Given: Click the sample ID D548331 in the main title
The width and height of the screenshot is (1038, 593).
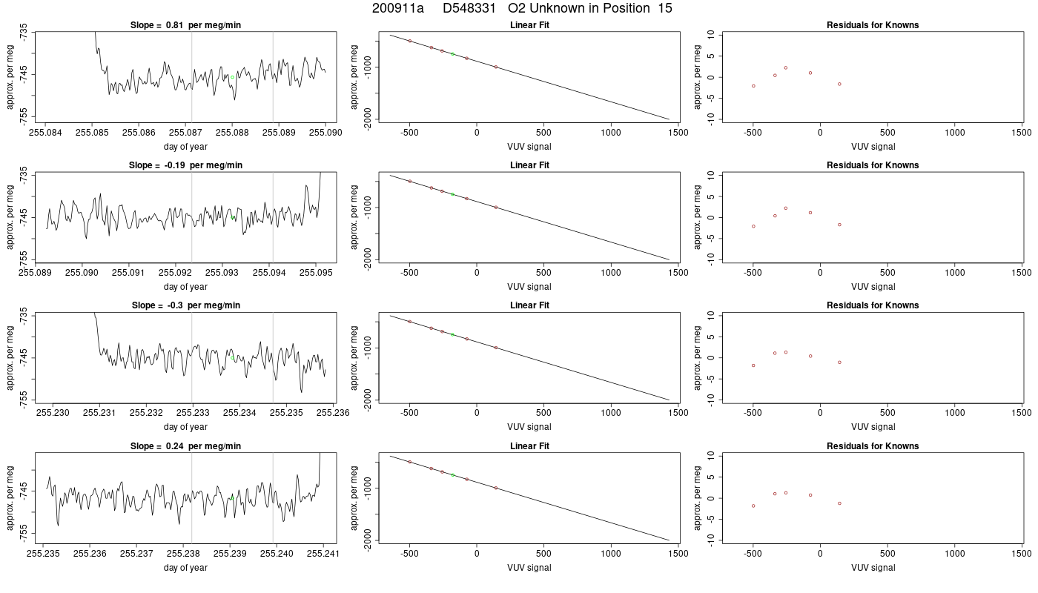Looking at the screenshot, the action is pos(469,8).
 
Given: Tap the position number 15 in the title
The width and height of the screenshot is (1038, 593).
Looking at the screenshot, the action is pos(665,8).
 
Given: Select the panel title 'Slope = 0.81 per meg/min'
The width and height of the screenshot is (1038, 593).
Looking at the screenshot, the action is pos(185,25).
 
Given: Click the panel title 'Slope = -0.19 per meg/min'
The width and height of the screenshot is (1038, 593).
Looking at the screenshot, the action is pos(185,165).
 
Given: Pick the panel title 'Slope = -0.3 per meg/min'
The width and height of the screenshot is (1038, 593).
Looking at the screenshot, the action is pos(186,305).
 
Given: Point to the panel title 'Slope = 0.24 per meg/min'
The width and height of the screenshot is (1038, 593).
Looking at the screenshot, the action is pos(185,446).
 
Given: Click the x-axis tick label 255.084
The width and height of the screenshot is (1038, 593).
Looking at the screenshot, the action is pos(45,133).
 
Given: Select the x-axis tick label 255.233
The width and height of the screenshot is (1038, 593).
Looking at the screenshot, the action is pos(193,413).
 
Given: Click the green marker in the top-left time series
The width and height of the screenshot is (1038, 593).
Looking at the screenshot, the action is pos(232,77).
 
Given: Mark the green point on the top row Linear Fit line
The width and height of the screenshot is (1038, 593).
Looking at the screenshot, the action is pos(452,54).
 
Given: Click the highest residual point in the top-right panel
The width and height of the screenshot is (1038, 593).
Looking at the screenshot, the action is pos(786,67).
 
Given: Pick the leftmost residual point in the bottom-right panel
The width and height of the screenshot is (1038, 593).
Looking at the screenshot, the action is pos(753,506).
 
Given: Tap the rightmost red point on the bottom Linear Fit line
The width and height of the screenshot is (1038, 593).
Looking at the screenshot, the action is pos(496,488).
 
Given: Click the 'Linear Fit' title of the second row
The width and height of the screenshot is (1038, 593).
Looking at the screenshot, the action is pos(529,165).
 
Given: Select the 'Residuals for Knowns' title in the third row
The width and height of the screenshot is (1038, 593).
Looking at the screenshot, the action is pos(873,305).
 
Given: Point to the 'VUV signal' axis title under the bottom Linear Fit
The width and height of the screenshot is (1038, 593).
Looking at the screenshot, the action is pos(529,568).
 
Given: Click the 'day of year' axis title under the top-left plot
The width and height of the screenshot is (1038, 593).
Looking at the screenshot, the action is pos(185,147).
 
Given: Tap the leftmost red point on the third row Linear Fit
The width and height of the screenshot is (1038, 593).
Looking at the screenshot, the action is pos(409,322).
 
